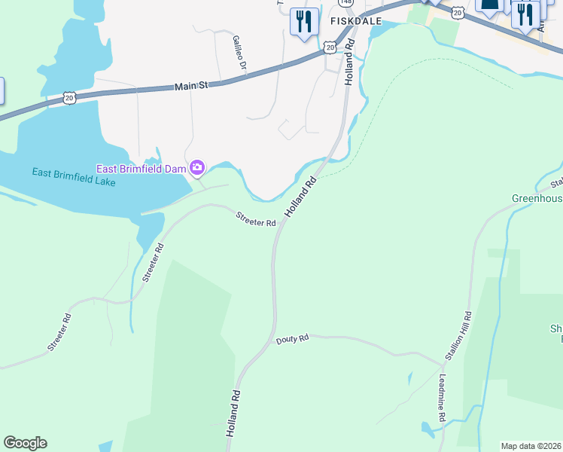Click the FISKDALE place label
356,22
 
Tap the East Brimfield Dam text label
141,168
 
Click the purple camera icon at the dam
197,167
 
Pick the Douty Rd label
292,340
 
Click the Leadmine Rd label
443,394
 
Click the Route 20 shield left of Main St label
69,97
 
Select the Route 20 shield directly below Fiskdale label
330,47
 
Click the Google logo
25,443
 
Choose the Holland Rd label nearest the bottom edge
234,413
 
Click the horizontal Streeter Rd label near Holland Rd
255,218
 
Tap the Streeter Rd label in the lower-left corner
60,332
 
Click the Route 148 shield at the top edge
346,2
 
